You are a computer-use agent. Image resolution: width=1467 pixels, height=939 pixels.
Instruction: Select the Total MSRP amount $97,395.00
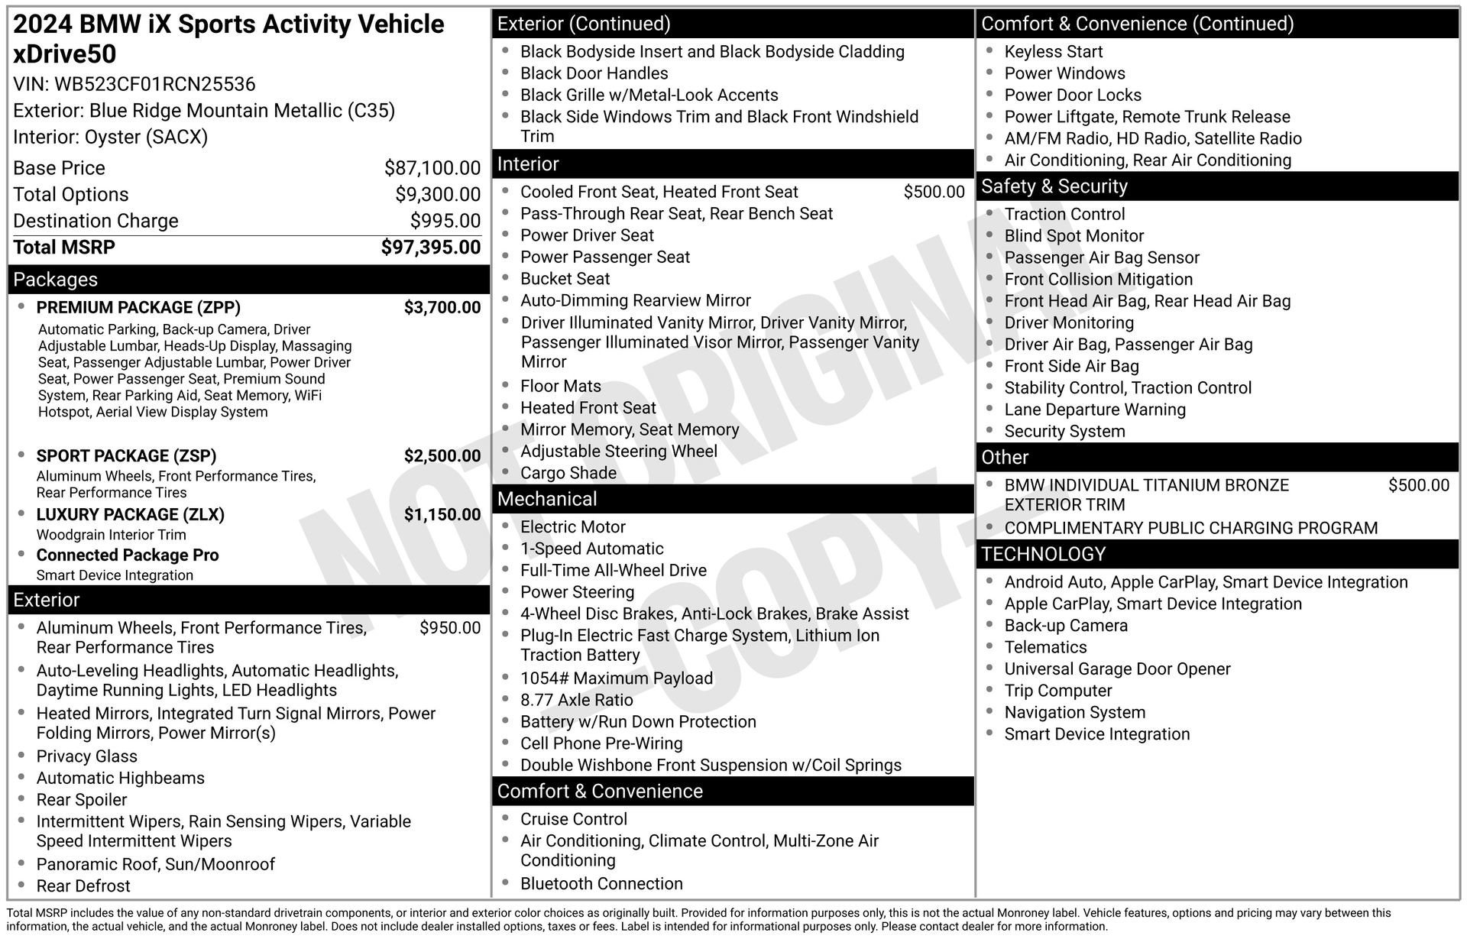(431, 248)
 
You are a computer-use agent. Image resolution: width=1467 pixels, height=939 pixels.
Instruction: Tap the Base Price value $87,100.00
(432, 168)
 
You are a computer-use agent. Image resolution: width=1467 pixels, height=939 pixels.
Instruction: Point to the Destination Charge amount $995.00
(445, 221)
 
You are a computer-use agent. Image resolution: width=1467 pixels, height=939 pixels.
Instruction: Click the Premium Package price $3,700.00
(442, 308)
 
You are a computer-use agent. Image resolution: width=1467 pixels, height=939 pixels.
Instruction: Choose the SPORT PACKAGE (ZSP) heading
(126, 456)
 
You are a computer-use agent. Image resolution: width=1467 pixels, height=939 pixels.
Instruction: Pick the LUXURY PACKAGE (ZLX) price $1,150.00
(442, 515)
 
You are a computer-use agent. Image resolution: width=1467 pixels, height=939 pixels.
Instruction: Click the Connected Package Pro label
(128, 555)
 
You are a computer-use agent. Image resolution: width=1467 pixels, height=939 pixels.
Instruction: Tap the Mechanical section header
(547, 500)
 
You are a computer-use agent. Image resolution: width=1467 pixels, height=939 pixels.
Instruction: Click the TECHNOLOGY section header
(1043, 555)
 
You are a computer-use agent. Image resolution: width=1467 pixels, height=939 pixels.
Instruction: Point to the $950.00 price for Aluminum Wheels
(450, 628)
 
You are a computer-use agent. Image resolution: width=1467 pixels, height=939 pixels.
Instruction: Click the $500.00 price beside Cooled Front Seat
(934, 193)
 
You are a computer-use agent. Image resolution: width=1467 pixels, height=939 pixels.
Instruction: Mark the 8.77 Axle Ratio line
(576, 701)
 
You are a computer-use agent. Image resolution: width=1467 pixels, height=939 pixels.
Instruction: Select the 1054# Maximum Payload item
(616, 678)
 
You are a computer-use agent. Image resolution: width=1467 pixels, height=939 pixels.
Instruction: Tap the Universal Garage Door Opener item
(1117, 669)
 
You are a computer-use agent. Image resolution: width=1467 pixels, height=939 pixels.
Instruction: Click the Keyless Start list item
(1053, 52)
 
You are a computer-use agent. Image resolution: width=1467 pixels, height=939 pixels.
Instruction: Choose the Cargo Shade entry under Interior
(568, 474)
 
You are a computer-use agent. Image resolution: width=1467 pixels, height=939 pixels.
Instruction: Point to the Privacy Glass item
(86, 756)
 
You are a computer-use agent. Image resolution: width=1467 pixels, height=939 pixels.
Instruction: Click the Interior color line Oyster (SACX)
(110, 138)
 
